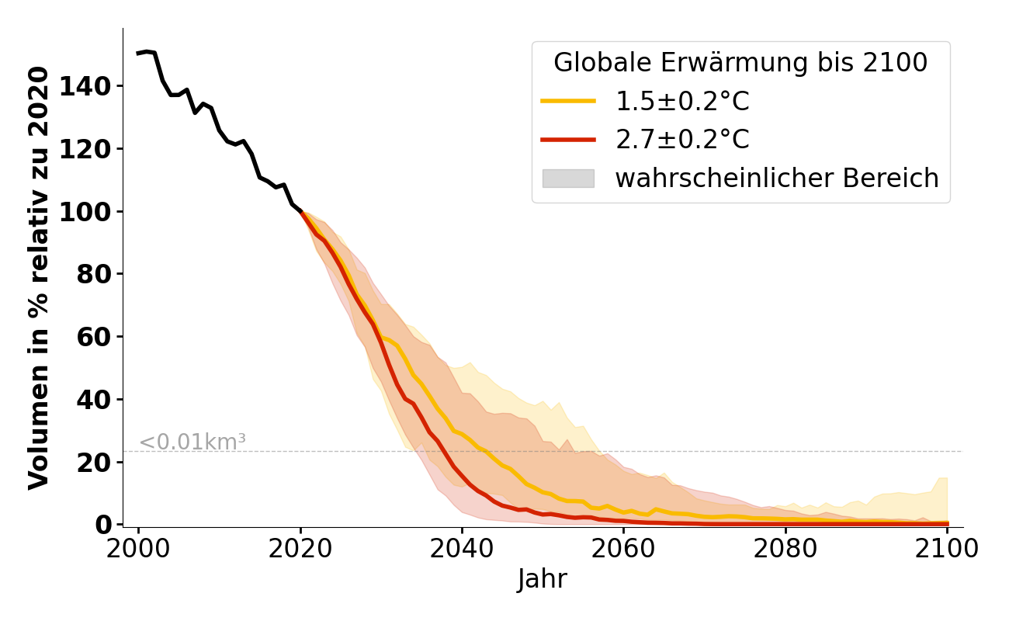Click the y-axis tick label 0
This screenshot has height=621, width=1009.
104,525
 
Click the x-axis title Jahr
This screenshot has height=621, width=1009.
543,579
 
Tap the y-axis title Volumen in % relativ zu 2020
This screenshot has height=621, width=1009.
39,278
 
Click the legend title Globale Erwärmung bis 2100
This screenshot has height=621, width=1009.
740,63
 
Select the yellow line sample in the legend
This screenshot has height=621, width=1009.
568,102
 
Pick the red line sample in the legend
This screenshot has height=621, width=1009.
568,140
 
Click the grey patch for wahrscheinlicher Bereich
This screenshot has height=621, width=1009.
568,179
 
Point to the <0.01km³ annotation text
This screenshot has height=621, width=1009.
192,442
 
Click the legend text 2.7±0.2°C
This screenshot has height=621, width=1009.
682,140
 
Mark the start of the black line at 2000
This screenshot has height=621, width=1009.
138,54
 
